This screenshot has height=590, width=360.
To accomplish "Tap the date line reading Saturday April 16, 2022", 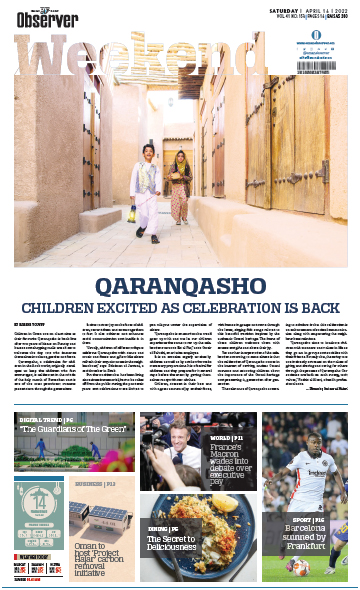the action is [x=309, y=11].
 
